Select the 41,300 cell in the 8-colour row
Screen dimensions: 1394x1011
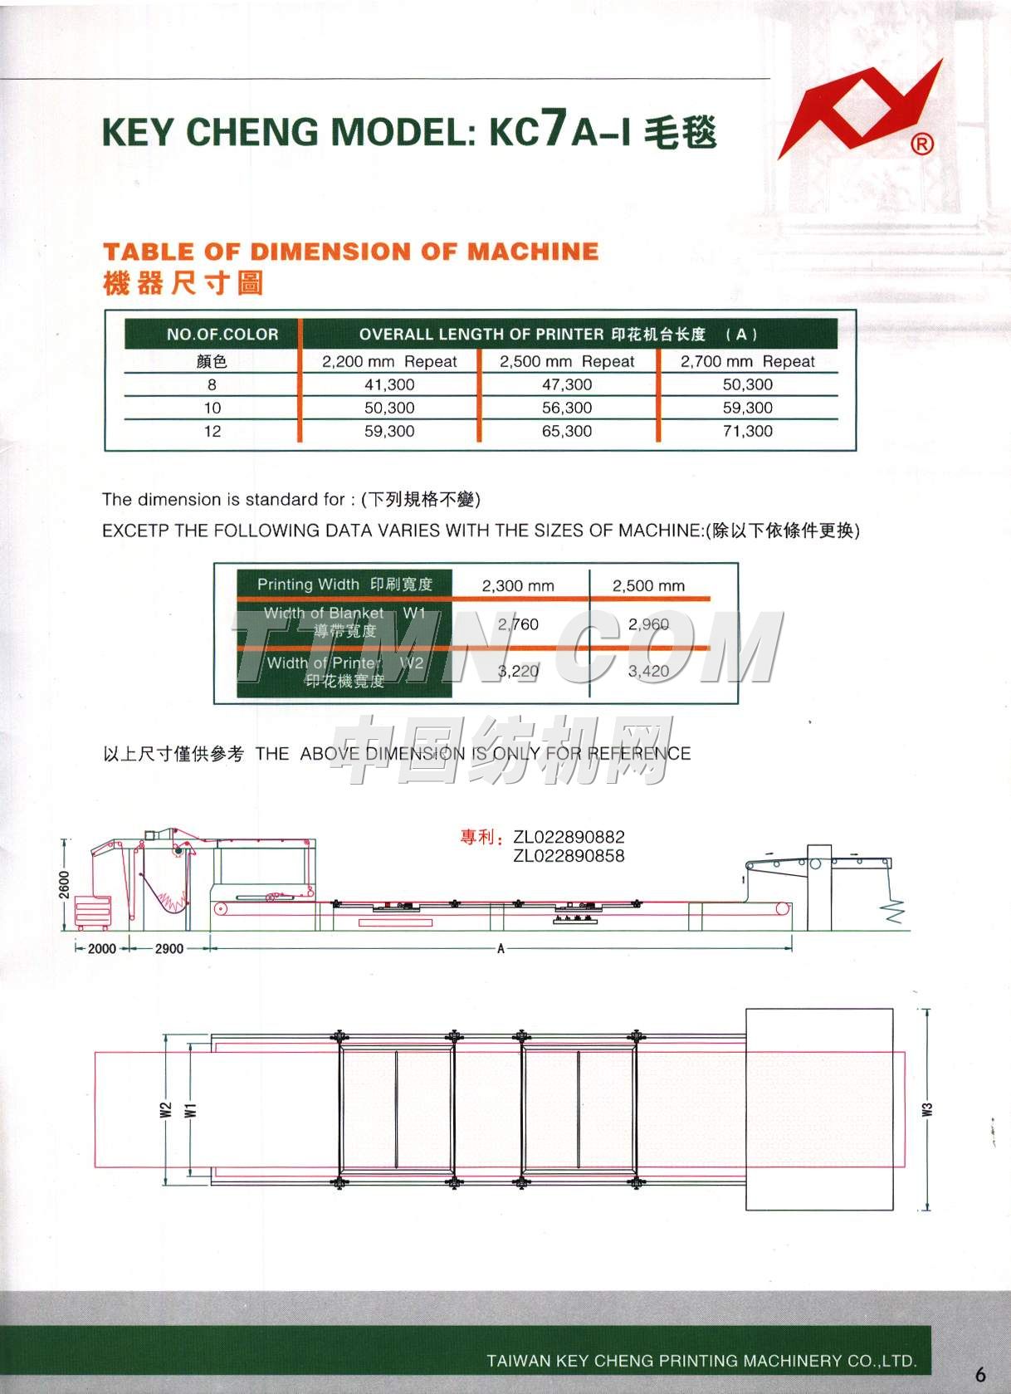389,384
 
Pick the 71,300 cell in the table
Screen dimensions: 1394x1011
747,431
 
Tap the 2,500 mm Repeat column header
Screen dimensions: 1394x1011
567,361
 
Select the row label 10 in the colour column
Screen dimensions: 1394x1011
212,408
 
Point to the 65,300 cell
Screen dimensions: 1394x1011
567,431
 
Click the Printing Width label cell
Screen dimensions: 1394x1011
344,584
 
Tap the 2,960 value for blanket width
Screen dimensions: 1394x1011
648,624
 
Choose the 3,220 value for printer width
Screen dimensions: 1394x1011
518,671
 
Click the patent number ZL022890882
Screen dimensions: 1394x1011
569,837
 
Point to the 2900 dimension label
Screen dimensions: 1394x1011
169,948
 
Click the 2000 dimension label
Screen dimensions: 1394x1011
102,948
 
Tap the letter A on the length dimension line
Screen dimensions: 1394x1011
501,948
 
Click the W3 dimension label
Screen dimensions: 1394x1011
928,1109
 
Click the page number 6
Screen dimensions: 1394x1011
980,1374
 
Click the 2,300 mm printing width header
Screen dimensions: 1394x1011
518,585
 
